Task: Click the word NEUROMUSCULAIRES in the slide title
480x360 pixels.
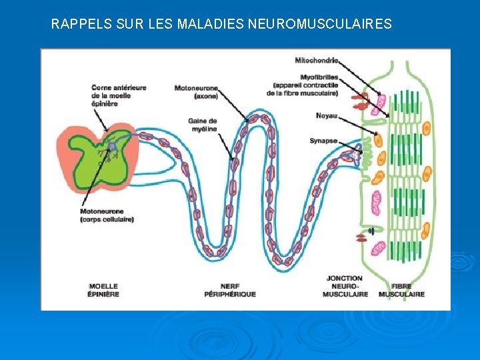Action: click(319, 25)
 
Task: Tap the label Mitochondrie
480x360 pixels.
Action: click(317, 61)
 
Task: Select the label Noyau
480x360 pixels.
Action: click(327, 115)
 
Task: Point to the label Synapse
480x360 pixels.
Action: click(323, 141)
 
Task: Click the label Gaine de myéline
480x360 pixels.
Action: click(203, 125)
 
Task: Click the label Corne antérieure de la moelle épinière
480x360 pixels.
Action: click(119, 95)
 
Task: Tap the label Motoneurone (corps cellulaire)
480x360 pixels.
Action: click(107, 215)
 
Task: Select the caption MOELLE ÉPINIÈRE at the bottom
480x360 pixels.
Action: click(103, 290)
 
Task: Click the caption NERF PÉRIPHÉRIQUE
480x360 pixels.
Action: click(230, 290)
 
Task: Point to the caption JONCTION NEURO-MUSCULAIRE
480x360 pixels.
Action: click(345, 286)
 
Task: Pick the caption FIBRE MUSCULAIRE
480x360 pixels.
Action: click(401, 290)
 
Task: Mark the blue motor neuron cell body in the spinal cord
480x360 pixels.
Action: click(113, 145)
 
